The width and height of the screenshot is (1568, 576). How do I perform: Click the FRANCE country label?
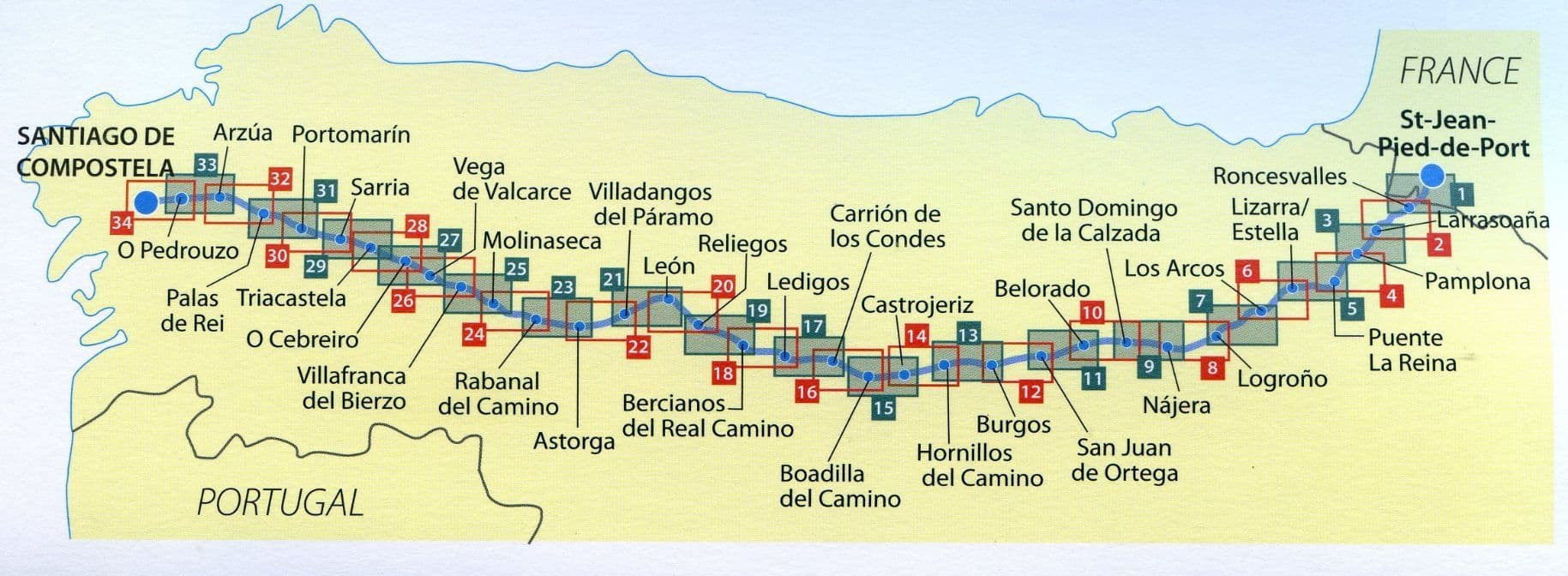click(1459, 71)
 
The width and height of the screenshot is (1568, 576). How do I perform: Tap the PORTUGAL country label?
click(280, 501)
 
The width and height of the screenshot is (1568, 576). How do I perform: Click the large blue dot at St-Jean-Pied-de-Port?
click(1432, 176)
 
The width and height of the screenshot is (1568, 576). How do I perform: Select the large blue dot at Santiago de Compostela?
click(147, 202)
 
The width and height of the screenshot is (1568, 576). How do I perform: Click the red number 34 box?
click(122, 224)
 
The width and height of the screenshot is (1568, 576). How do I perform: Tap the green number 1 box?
click(1461, 194)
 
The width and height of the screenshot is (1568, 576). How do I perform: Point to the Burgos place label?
click(1012, 424)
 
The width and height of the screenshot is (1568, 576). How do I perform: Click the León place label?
click(669, 266)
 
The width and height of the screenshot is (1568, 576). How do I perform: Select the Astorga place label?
click(574, 441)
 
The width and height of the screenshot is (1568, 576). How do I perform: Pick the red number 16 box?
click(807, 393)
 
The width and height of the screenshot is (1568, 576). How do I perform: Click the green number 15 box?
click(884, 408)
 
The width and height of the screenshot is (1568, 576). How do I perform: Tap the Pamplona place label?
click(1476, 282)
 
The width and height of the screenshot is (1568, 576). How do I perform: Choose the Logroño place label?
click(1282, 379)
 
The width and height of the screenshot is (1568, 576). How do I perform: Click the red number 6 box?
click(1247, 272)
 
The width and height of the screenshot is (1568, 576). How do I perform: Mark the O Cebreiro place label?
click(302, 339)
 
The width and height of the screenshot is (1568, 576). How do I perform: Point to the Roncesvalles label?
click(1279, 177)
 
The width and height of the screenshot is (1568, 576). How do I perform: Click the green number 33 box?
click(206, 165)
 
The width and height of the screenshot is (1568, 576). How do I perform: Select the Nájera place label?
click(1176, 405)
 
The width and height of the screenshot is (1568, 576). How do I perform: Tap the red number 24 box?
click(474, 334)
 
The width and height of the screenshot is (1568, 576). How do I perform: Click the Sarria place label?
click(379, 188)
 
